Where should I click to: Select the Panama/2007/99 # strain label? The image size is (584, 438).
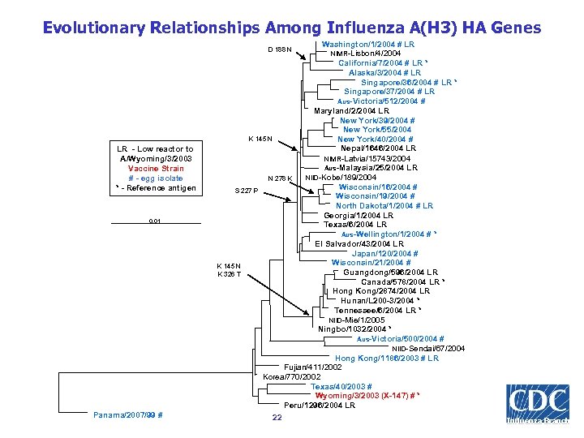click(x=128, y=415)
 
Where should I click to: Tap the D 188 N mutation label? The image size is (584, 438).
click(x=280, y=49)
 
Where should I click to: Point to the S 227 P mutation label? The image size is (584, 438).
click(x=246, y=191)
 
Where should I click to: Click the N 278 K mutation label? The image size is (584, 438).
click(x=280, y=178)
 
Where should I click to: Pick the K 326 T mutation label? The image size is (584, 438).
click(x=229, y=275)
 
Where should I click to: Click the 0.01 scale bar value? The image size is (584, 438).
click(x=155, y=221)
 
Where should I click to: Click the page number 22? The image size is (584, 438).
click(x=277, y=418)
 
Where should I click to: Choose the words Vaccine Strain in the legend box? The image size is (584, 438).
click(x=155, y=169)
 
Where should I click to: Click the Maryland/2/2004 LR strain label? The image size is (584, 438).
click(x=351, y=111)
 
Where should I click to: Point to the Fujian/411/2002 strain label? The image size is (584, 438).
click(x=311, y=367)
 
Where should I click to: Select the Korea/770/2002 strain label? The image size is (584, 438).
click(x=292, y=377)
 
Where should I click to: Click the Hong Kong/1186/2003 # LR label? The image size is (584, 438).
click(x=386, y=358)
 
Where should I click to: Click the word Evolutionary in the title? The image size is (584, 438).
click(x=93, y=28)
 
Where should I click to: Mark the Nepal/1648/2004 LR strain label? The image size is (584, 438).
click(x=378, y=148)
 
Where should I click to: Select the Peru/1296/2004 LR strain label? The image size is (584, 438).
click(x=320, y=405)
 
